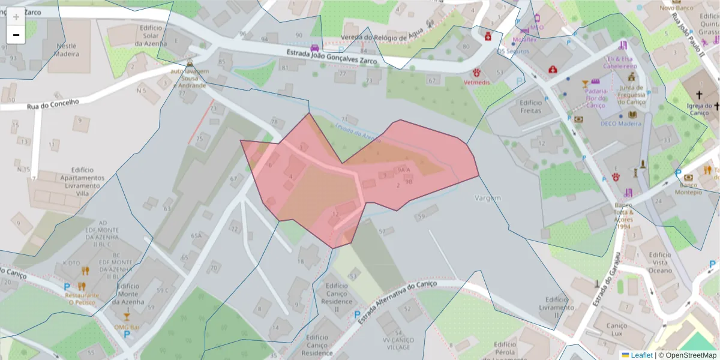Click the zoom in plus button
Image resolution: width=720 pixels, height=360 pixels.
[16, 17]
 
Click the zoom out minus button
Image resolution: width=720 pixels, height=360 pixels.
[16, 35]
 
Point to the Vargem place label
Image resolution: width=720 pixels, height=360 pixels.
[487, 198]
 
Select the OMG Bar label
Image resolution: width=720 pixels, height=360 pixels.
[127, 328]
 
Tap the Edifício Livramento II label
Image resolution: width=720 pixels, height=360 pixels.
[556, 307]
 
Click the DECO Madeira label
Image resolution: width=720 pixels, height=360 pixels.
[620, 124]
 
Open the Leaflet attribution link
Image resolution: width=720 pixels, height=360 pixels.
[641, 355]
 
